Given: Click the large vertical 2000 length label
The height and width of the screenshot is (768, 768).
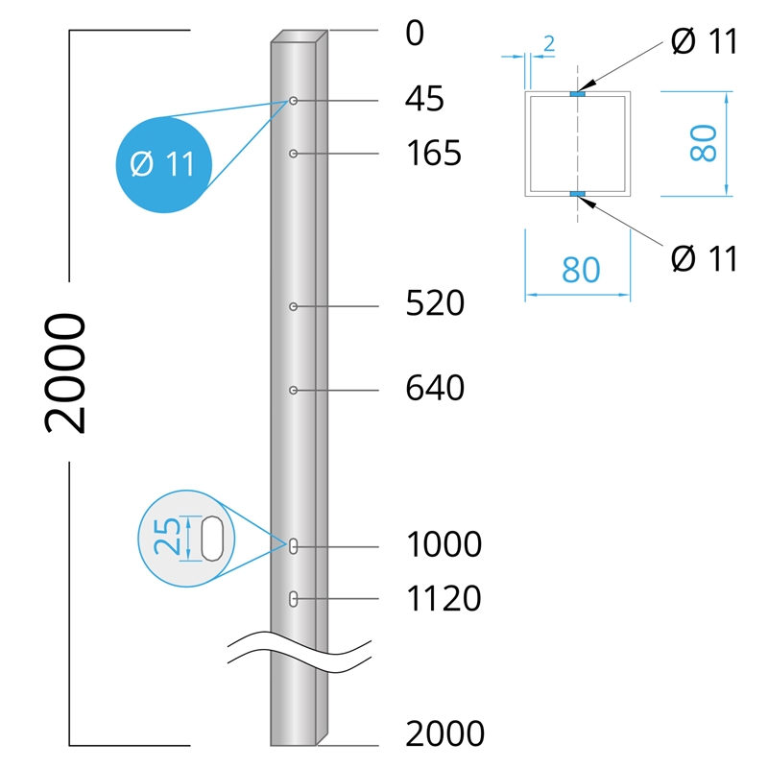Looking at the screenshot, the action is [x=65, y=373].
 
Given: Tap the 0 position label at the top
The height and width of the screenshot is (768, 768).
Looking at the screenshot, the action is [x=415, y=34].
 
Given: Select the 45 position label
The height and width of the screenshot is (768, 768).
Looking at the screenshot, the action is [x=424, y=99].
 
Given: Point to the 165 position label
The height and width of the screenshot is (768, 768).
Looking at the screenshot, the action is [x=434, y=153].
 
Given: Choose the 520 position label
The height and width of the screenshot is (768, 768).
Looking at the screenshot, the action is [x=435, y=303].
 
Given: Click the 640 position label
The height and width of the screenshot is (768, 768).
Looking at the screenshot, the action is [x=435, y=388].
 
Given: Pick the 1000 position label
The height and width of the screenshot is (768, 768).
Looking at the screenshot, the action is [x=444, y=544].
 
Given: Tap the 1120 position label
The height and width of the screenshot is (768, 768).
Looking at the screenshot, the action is [x=444, y=598].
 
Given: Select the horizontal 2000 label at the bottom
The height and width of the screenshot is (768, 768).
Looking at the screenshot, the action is [x=444, y=733].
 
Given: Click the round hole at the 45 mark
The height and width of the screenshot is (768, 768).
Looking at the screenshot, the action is [x=294, y=101].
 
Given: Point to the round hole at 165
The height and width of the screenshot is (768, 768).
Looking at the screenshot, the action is [x=294, y=154].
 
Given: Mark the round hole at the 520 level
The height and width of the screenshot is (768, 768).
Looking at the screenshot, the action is [x=294, y=306].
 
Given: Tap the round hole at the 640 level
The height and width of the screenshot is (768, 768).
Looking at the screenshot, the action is [x=294, y=391].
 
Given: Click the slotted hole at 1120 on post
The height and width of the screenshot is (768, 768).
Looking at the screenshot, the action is [x=294, y=599].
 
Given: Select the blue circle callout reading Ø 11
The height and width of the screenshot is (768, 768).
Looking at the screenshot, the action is [x=164, y=164].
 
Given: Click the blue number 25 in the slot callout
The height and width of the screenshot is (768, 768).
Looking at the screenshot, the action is [x=166, y=537].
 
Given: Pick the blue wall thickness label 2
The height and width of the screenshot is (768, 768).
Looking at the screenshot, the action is [x=549, y=44].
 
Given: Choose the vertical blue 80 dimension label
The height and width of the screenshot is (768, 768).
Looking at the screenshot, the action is [x=704, y=143].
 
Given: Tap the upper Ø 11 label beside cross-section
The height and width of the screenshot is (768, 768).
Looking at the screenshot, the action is [x=704, y=41].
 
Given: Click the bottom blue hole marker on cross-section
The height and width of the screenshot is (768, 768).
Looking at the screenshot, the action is [x=578, y=195].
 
